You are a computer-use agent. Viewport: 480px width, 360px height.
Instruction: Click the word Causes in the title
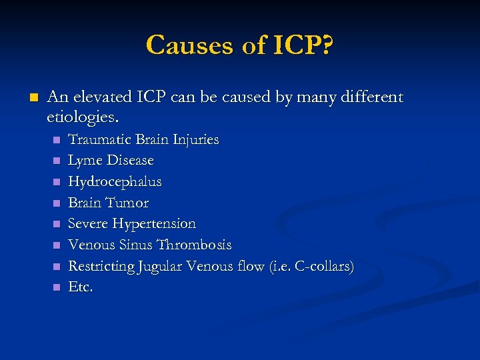pos(186,45)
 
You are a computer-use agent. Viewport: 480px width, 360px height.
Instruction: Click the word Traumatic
pos(100,139)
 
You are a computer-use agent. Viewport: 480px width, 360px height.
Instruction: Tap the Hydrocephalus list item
pos(115,181)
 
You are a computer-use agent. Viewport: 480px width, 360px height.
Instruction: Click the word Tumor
pos(127,203)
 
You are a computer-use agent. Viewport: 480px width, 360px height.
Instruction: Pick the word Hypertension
pos(154,223)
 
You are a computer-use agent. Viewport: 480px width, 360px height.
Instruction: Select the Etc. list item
pos(81,287)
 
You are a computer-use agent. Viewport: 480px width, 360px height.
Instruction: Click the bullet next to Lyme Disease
pos(57,161)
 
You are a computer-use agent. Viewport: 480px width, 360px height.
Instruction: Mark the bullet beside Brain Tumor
pos(57,203)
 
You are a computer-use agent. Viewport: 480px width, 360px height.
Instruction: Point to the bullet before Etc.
pos(57,287)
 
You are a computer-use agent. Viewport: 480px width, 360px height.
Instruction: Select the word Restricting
pos(101,266)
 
